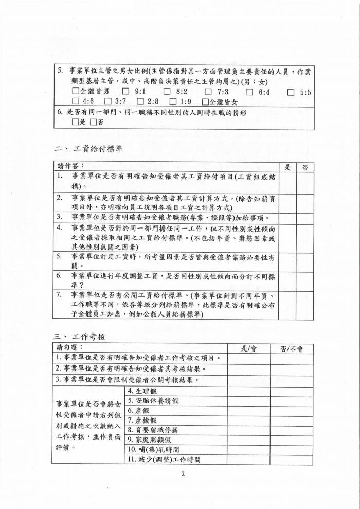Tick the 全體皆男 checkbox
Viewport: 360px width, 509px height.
tap(76, 92)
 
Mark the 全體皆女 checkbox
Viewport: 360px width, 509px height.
tap(206, 102)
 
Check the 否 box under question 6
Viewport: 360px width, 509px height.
tap(93, 122)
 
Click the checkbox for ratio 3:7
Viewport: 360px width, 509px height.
tap(108, 102)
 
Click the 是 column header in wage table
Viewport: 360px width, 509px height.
tap(288, 167)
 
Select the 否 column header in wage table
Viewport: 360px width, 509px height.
tap(305, 167)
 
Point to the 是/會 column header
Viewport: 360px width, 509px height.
tap(249, 348)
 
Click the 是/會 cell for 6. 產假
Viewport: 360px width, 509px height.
tap(249, 410)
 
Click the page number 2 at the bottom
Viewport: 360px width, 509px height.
tap(182, 474)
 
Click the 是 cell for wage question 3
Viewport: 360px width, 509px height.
tap(288, 217)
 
